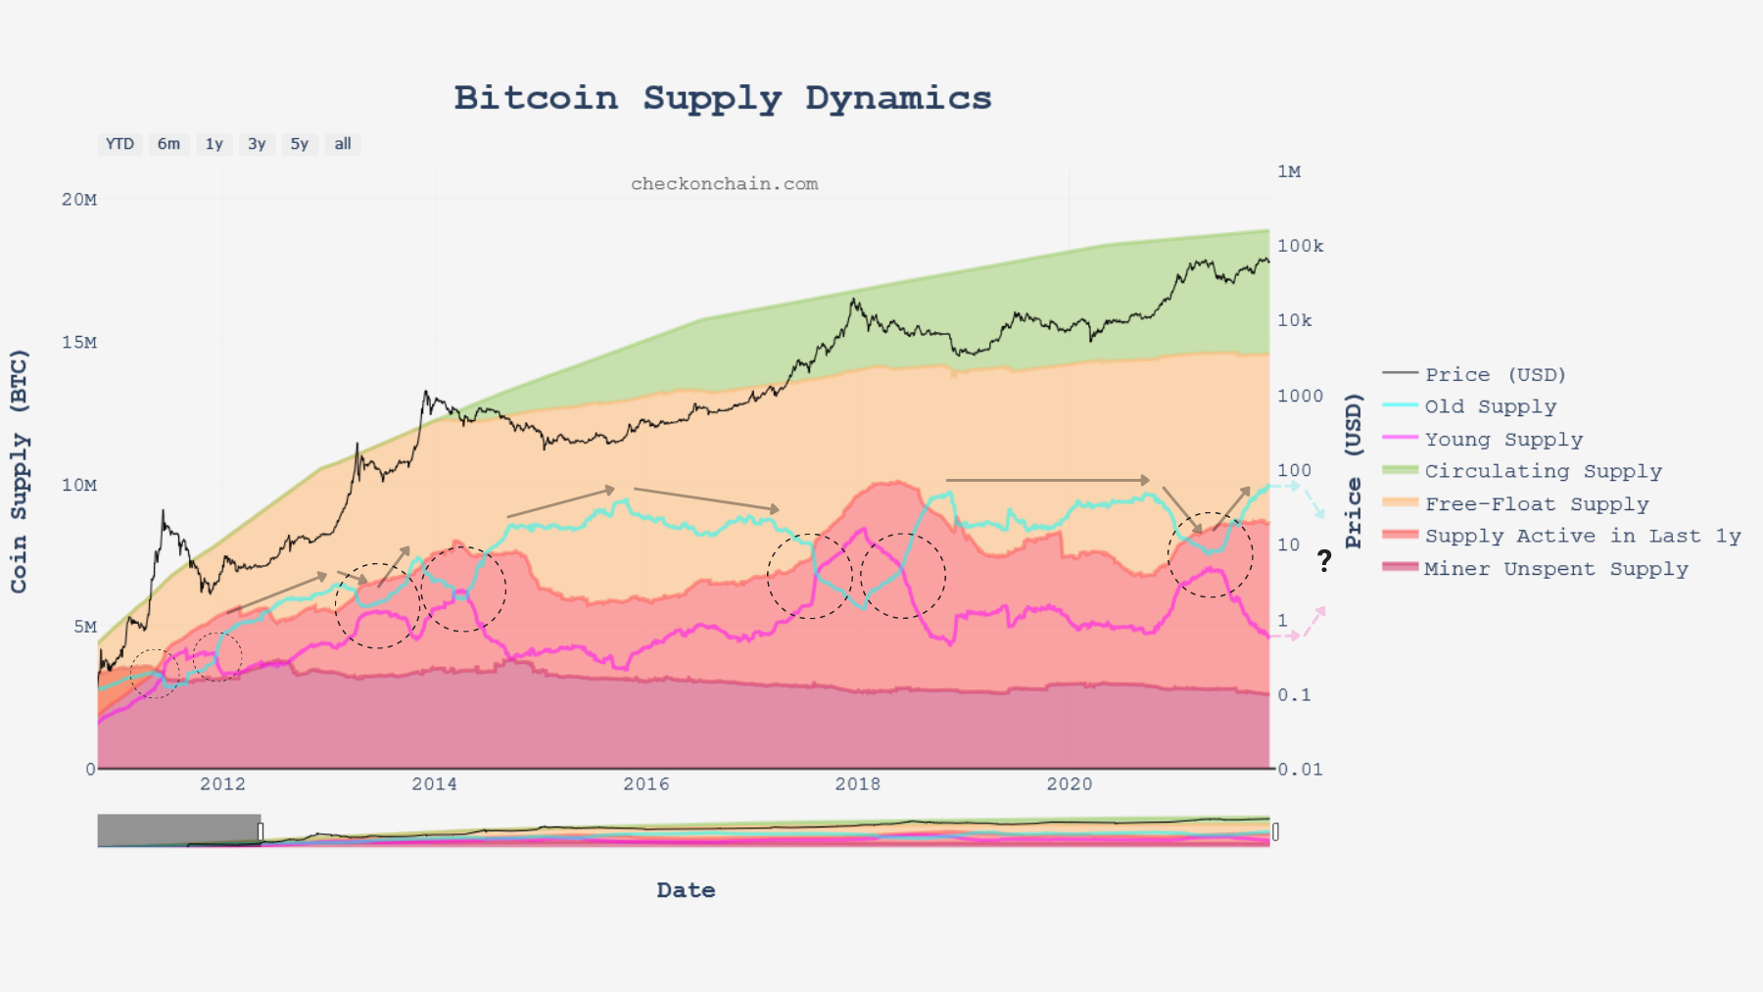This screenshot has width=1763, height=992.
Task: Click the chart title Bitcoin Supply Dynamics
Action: [723, 98]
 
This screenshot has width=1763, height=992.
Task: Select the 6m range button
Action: [168, 144]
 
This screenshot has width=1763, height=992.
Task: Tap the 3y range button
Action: [257, 144]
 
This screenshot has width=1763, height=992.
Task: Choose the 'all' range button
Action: [343, 144]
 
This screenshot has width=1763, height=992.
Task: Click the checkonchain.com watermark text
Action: [724, 184]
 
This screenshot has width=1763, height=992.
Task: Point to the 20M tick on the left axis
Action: [79, 200]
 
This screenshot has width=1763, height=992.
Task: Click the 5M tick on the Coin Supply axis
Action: [84, 627]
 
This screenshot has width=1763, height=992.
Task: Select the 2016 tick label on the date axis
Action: [646, 783]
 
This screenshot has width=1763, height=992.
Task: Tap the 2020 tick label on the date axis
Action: [1070, 783]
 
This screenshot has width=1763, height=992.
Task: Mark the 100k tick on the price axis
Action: [1300, 246]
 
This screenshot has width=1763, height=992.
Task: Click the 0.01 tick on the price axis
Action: [1300, 770]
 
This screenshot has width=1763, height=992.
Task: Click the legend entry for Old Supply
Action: [1490, 406]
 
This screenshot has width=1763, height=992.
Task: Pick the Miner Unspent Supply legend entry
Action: [1555, 569]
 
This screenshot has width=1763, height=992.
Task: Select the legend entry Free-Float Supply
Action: [1536, 504]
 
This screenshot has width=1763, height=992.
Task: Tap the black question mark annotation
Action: [1324, 561]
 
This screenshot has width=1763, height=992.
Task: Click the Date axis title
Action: [686, 890]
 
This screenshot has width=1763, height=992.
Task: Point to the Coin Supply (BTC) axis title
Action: [20, 471]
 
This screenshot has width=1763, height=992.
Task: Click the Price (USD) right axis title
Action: [1354, 471]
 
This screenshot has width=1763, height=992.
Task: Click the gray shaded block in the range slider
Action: [179, 830]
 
